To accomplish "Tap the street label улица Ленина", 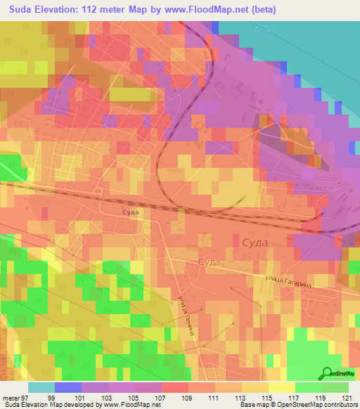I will pyautogui.click(x=191, y=319).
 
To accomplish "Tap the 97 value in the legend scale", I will pyautogui.click(x=27, y=397).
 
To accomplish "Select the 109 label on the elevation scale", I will pyautogui.click(x=177, y=397).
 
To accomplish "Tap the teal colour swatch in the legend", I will pyautogui.click(x=41, y=387).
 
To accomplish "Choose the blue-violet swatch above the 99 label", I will pyautogui.click(x=67, y=387).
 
